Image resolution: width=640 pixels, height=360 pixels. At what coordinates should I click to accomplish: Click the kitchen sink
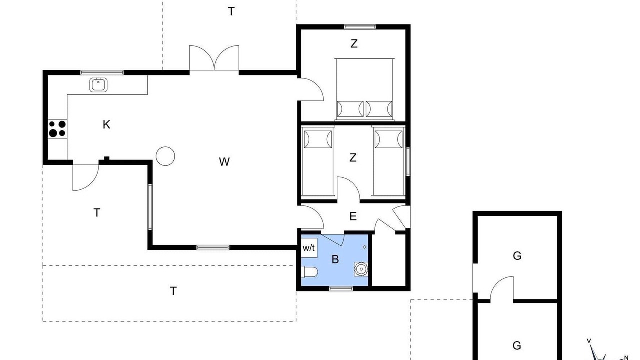pyautogui.click(x=98, y=85)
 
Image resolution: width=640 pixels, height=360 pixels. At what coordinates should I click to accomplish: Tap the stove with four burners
pyautogui.click(x=57, y=129)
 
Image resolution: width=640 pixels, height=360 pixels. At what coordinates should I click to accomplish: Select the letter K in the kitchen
pyautogui.click(x=106, y=125)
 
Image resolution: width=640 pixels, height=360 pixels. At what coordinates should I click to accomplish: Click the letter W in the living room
pyautogui.click(x=224, y=162)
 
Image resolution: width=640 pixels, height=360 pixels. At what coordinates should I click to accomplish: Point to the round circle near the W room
pyautogui.click(x=165, y=156)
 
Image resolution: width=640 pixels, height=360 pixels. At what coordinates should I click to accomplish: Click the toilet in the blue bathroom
pyautogui.click(x=309, y=272)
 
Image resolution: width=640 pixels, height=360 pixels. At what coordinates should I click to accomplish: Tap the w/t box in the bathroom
pyautogui.click(x=309, y=248)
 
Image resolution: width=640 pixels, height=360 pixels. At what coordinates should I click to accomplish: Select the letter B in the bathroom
pyautogui.click(x=335, y=259)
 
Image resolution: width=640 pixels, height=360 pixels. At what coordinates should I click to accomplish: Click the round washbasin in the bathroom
pyautogui.click(x=361, y=269)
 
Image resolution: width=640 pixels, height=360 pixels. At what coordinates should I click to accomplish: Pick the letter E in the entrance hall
pyautogui.click(x=353, y=216)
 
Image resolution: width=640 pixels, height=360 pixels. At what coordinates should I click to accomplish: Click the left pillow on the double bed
pyautogui.click(x=350, y=109)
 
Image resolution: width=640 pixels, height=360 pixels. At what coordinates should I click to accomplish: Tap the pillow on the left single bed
pyautogui.click(x=318, y=139)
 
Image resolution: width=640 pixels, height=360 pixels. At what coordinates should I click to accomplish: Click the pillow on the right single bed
pyautogui.click(x=389, y=139)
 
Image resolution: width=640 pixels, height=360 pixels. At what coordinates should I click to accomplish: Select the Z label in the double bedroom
pyautogui.click(x=354, y=43)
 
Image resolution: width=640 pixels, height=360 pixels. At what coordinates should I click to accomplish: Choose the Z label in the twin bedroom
pyautogui.click(x=353, y=157)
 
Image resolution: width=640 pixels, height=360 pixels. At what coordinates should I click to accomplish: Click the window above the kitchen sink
pyautogui.click(x=102, y=73)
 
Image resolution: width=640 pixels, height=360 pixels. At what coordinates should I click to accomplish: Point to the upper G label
pyautogui.click(x=517, y=256)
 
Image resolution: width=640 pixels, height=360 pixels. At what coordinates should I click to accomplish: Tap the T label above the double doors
pyautogui.click(x=231, y=11)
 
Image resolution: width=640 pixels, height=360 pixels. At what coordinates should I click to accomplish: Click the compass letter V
pyautogui.click(x=589, y=341)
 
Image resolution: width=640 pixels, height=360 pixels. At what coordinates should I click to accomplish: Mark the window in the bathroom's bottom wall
pyautogui.click(x=341, y=289)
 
